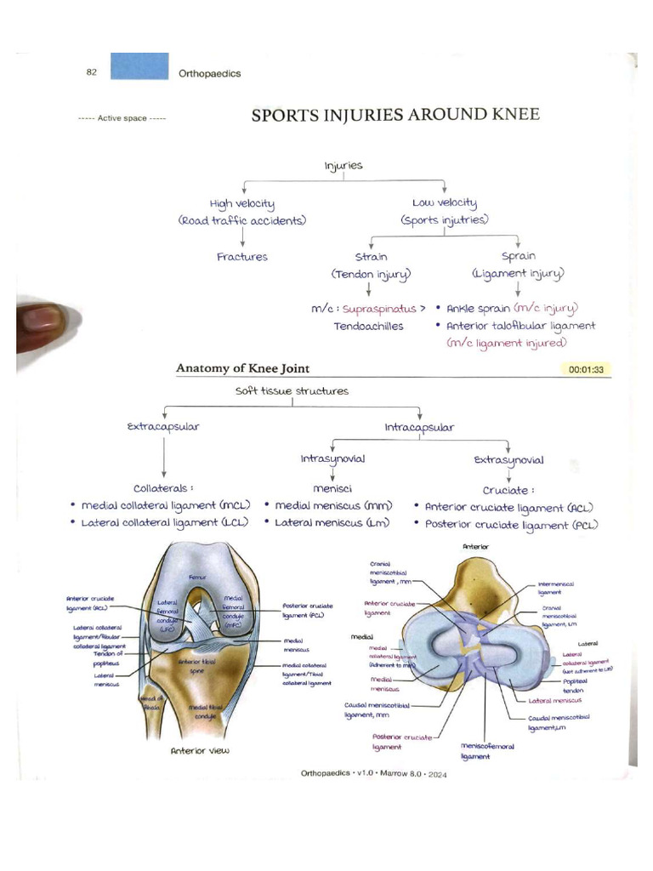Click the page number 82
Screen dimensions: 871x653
pos(92,72)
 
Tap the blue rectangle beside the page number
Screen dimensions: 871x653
pos(140,67)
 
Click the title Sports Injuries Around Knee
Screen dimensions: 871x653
pos(395,115)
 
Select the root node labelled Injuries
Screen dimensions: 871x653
pos(343,165)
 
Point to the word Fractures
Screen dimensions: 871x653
pos(242,256)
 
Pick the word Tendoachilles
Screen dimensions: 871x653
pos(368,325)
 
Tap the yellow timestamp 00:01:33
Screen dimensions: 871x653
pos(587,370)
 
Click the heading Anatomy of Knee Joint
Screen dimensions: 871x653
pos(242,368)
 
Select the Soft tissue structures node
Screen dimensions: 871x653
pos(292,391)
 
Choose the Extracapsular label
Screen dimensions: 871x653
pos(162,426)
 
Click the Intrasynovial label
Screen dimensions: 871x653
pos(332,458)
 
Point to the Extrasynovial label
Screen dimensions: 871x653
pos(508,459)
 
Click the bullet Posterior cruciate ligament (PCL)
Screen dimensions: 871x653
pos(511,525)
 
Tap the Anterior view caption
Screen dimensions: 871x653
pos(201,750)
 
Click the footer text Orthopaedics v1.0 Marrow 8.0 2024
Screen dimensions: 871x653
pos(374,774)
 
